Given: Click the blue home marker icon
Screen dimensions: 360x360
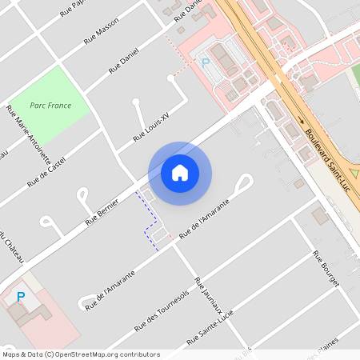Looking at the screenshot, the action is click(180, 173).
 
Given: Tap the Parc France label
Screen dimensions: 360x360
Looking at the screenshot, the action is click(50, 106).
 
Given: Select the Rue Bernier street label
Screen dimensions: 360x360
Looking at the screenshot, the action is click(103, 212).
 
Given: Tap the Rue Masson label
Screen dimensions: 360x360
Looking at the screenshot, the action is click(102, 34).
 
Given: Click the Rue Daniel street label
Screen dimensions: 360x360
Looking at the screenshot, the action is click(125, 60).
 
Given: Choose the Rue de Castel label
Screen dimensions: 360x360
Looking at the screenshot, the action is click(46, 172).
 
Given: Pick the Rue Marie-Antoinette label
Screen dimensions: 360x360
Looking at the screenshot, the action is click(29, 134).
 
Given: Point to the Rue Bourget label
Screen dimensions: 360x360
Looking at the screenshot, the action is click(326, 270).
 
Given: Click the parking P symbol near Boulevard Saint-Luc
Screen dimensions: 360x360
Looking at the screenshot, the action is click(205, 62).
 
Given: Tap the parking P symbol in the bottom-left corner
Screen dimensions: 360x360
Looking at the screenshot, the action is click(21, 297).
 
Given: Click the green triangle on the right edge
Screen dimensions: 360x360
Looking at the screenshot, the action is click(354, 171).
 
